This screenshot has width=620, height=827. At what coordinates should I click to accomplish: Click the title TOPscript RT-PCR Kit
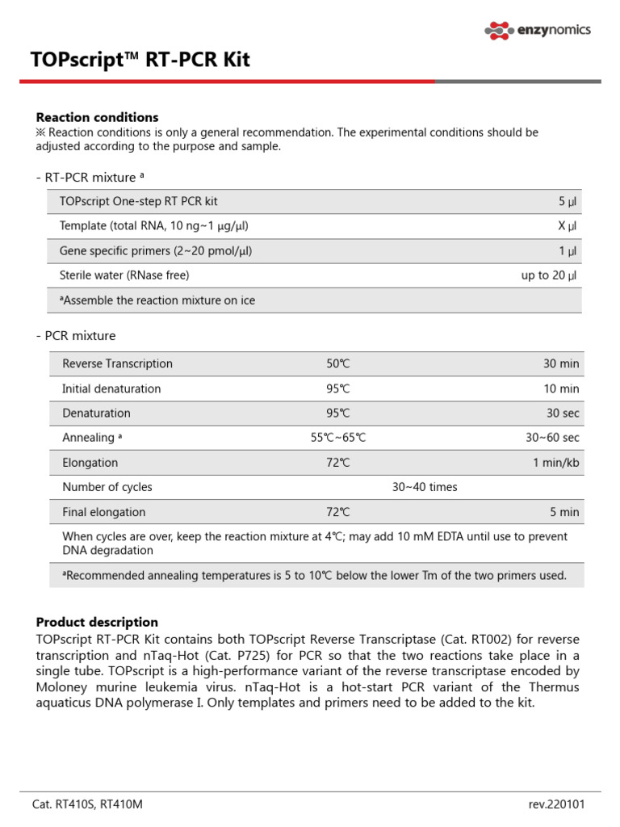tap(140, 61)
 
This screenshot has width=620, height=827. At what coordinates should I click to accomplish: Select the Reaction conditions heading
tap(97, 117)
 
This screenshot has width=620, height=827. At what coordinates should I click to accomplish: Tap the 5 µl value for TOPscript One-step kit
tap(568, 201)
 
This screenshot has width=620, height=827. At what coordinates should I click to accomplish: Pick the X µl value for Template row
tap(568, 226)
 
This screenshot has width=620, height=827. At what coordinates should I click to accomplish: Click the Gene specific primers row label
tap(156, 251)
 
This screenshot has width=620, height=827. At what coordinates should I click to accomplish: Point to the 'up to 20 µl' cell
tap(549, 275)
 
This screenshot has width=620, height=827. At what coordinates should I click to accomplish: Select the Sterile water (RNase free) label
tap(124, 275)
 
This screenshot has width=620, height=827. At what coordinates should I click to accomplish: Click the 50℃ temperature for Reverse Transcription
tap(338, 364)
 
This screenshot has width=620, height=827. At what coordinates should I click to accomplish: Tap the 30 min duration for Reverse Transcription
tap(561, 364)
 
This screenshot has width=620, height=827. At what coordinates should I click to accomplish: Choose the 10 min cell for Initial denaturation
tap(561, 388)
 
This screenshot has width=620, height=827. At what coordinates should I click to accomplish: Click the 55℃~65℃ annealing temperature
tap(338, 438)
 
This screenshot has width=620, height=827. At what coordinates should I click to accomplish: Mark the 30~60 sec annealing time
tap(552, 438)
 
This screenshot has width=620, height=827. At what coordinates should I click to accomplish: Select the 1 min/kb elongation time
tap(555, 463)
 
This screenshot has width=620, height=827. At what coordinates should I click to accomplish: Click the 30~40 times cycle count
tap(424, 487)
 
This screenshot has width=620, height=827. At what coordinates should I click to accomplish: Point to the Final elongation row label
tap(104, 512)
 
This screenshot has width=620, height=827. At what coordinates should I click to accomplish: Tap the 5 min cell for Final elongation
tap(564, 512)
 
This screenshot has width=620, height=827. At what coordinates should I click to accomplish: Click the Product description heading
tap(97, 622)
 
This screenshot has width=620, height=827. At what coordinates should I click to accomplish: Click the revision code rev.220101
tap(556, 804)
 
